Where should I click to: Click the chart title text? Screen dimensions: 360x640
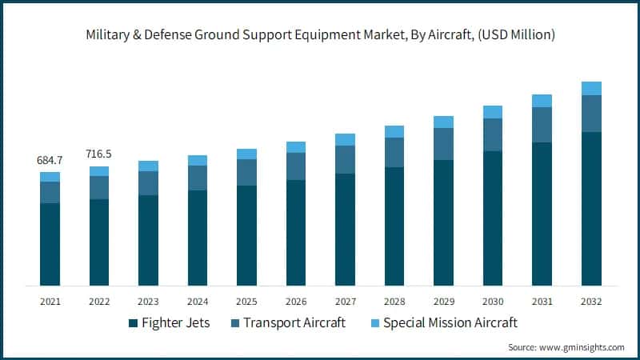click(320, 35)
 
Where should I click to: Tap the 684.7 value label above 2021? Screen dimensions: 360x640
click(50, 160)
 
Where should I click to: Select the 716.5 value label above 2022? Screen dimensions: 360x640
click(99, 154)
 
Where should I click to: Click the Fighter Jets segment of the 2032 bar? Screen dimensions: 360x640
click(591, 208)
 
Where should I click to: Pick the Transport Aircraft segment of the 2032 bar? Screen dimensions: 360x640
click(591, 114)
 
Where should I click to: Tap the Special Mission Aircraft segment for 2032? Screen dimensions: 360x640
click(591, 88)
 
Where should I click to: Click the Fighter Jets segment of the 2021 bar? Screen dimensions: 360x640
click(50, 244)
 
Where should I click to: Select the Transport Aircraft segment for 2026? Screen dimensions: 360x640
click(296, 166)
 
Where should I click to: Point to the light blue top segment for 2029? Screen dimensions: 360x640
click(443, 122)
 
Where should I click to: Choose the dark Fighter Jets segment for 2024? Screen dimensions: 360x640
click(198, 238)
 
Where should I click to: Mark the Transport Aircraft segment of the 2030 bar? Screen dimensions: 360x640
click(493, 134)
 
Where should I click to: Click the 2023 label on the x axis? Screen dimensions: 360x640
click(148, 302)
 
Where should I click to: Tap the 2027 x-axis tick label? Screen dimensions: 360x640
click(345, 302)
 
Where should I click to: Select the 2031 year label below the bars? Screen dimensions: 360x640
click(542, 302)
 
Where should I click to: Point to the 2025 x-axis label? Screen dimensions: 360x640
click(246, 302)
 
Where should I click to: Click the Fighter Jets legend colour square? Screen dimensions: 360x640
click(133, 323)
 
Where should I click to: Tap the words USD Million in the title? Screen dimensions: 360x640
click(514, 35)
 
